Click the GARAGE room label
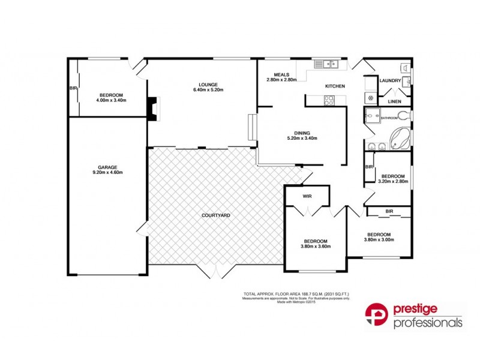108,167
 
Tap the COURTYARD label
216,215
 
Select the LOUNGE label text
208,84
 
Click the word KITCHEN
335,86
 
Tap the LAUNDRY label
390,80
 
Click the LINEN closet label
394,101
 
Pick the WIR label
308,196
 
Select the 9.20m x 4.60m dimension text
108,173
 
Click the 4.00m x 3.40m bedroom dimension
111,101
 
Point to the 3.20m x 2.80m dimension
393,181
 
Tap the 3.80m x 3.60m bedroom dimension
316,245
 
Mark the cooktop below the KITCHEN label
329,101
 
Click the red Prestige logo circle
378,314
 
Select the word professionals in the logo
428,323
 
